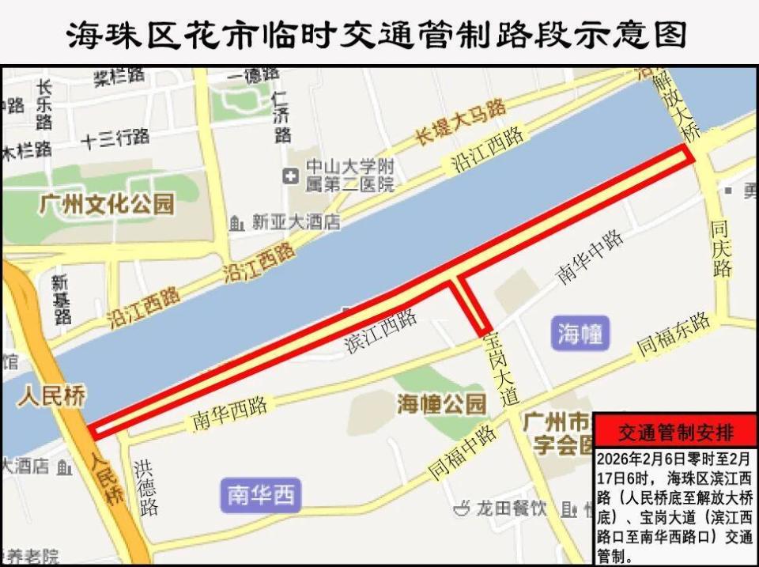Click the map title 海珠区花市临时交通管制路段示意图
coord(379,34)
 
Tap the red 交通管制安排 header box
coord(675,433)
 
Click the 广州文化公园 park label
coord(108,204)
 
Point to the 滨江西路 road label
coord(381,332)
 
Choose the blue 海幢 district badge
coord(580,333)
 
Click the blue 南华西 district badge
coord(260,496)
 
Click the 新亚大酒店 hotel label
coord(296,223)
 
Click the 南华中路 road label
coord(590,258)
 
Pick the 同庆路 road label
coord(721,248)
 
